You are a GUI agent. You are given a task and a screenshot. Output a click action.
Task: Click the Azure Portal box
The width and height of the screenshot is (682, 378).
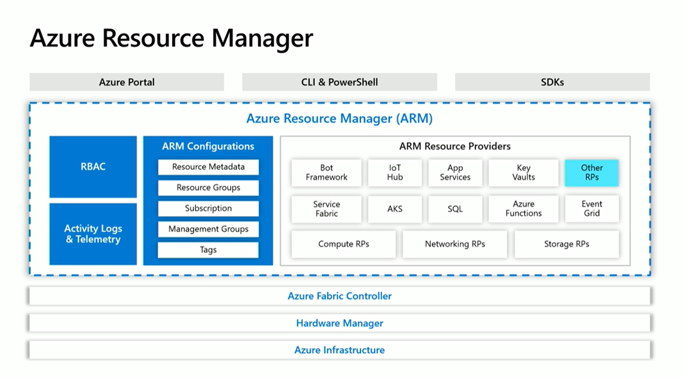coord(126,82)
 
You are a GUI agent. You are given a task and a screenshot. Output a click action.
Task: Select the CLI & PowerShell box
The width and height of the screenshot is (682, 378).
coord(339,82)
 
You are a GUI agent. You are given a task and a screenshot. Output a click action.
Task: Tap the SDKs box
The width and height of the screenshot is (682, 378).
coord(552,82)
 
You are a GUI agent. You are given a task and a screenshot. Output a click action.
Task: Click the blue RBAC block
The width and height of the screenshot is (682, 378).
coord(93,167)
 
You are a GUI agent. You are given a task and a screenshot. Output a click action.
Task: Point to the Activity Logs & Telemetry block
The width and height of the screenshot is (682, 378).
coord(93,234)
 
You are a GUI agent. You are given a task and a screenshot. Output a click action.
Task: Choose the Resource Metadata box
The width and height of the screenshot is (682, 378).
coord(208,167)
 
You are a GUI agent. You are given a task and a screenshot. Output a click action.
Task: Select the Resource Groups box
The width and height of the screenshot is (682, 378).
coord(208,188)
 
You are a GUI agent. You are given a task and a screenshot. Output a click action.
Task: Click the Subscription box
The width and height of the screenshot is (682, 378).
coord(208,209)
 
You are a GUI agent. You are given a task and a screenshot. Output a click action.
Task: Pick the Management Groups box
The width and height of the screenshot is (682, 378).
coord(208,229)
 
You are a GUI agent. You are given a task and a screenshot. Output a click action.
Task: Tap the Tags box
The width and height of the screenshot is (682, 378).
coord(208,250)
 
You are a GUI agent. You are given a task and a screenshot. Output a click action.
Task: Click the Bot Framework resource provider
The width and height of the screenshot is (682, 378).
coord(326,173)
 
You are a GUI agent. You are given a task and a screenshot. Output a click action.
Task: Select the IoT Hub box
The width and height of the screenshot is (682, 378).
coord(394,173)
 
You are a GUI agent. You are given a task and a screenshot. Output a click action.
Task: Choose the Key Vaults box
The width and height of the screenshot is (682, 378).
coord(523,173)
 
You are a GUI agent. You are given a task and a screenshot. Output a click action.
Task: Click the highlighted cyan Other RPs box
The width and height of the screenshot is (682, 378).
coord(591,173)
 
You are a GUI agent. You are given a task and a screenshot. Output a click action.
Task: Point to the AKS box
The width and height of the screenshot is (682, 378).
coord(394,209)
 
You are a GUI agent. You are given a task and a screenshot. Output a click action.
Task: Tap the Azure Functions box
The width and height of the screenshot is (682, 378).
coord(523,209)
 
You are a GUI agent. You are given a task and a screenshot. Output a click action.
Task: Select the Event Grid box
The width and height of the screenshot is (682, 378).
coord(591,209)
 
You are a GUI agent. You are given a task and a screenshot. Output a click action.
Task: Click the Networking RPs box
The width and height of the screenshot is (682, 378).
coord(455,244)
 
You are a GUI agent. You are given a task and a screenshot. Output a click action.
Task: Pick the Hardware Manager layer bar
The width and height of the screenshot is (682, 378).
coord(340,323)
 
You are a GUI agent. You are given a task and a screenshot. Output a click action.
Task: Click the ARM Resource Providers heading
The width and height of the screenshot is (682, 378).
coord(455,146)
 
